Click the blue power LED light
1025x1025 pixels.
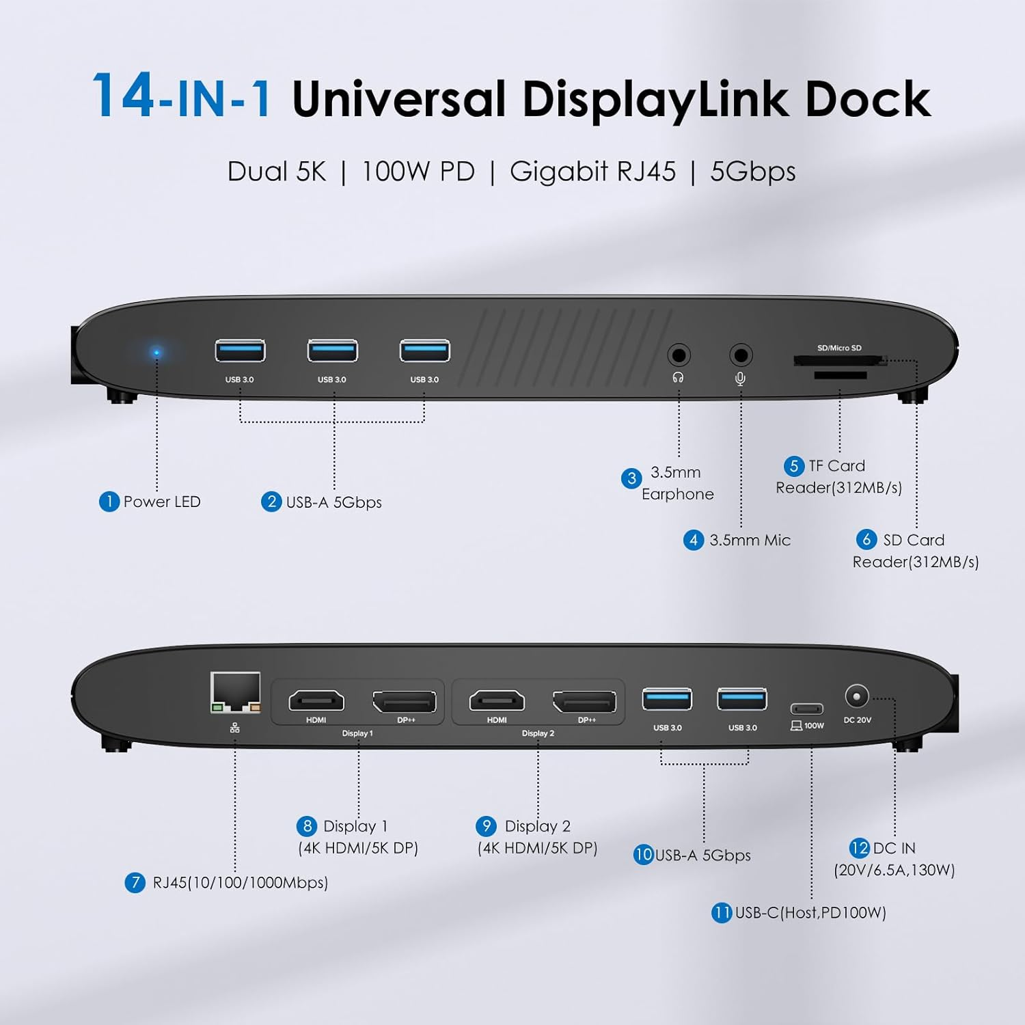point(156,353)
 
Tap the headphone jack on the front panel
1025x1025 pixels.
point(679,355)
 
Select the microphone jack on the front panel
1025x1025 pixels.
point(741,355)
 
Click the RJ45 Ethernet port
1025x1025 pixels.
point(236,693)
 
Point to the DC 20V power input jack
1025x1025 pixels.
point(856,696)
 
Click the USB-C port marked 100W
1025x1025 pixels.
point(806,709)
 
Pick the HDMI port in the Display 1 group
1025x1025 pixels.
point(316,701)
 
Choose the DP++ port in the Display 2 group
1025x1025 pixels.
point(584,702)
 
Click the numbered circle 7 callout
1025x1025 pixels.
point(135,882)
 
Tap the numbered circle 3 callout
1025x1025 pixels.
point(631,478)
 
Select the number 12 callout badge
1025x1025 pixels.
point(860,848)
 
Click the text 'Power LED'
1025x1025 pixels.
point(162,502)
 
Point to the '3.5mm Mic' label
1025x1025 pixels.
point(750,540)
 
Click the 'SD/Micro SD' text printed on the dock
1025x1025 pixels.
point(839,348)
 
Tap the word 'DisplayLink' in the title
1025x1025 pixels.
point(656,99)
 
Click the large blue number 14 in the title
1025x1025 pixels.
point(123,96)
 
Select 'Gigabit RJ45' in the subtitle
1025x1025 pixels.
point(592,172)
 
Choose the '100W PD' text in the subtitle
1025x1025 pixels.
point(418,172)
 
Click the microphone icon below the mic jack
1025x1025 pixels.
point(740,378)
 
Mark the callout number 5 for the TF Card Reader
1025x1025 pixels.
point(793,466)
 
